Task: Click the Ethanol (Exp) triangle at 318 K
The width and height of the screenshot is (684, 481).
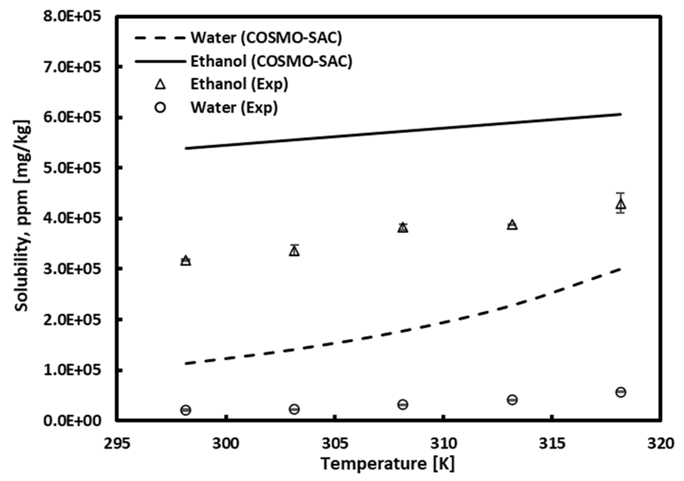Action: pyautogui.click(x=621, y=204)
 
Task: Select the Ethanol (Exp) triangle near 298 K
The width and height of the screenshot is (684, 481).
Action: pyautogui.click(x=186, y=261)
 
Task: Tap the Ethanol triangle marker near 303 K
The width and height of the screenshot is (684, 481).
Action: pyautogui.click(x=294, y=251)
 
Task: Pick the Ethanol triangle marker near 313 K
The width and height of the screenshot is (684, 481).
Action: pyautogui.click(x=512, y=225)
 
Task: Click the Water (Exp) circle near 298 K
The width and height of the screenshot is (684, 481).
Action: pyautogui.click(x=186, y=410)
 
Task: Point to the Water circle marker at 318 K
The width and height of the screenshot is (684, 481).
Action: pyautogui.click(x=621, y=392)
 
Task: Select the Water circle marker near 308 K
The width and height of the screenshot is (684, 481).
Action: pyautogui.click(x=403, y=404)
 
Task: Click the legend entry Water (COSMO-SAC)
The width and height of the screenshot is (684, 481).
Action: pyautogui.click(x=266, y=38)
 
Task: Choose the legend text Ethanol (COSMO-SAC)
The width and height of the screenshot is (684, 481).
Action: pyautogui.click(x=271, y=61)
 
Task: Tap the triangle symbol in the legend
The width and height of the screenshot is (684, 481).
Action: pyautogui.click(x=160, y=85)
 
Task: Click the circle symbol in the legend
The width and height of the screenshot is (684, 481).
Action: pyautogui.click(x=160, y=108)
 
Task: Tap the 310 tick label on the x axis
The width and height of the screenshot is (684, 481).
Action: pyautogui.click(x=443, y=444)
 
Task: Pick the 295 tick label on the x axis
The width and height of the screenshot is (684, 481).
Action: pyautogui.click(x=117, y=444)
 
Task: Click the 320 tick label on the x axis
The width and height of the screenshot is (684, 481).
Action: pyautogui.click(x=661, y=444)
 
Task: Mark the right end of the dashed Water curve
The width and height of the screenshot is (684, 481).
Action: pyautogui.click(x=620, y=269)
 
